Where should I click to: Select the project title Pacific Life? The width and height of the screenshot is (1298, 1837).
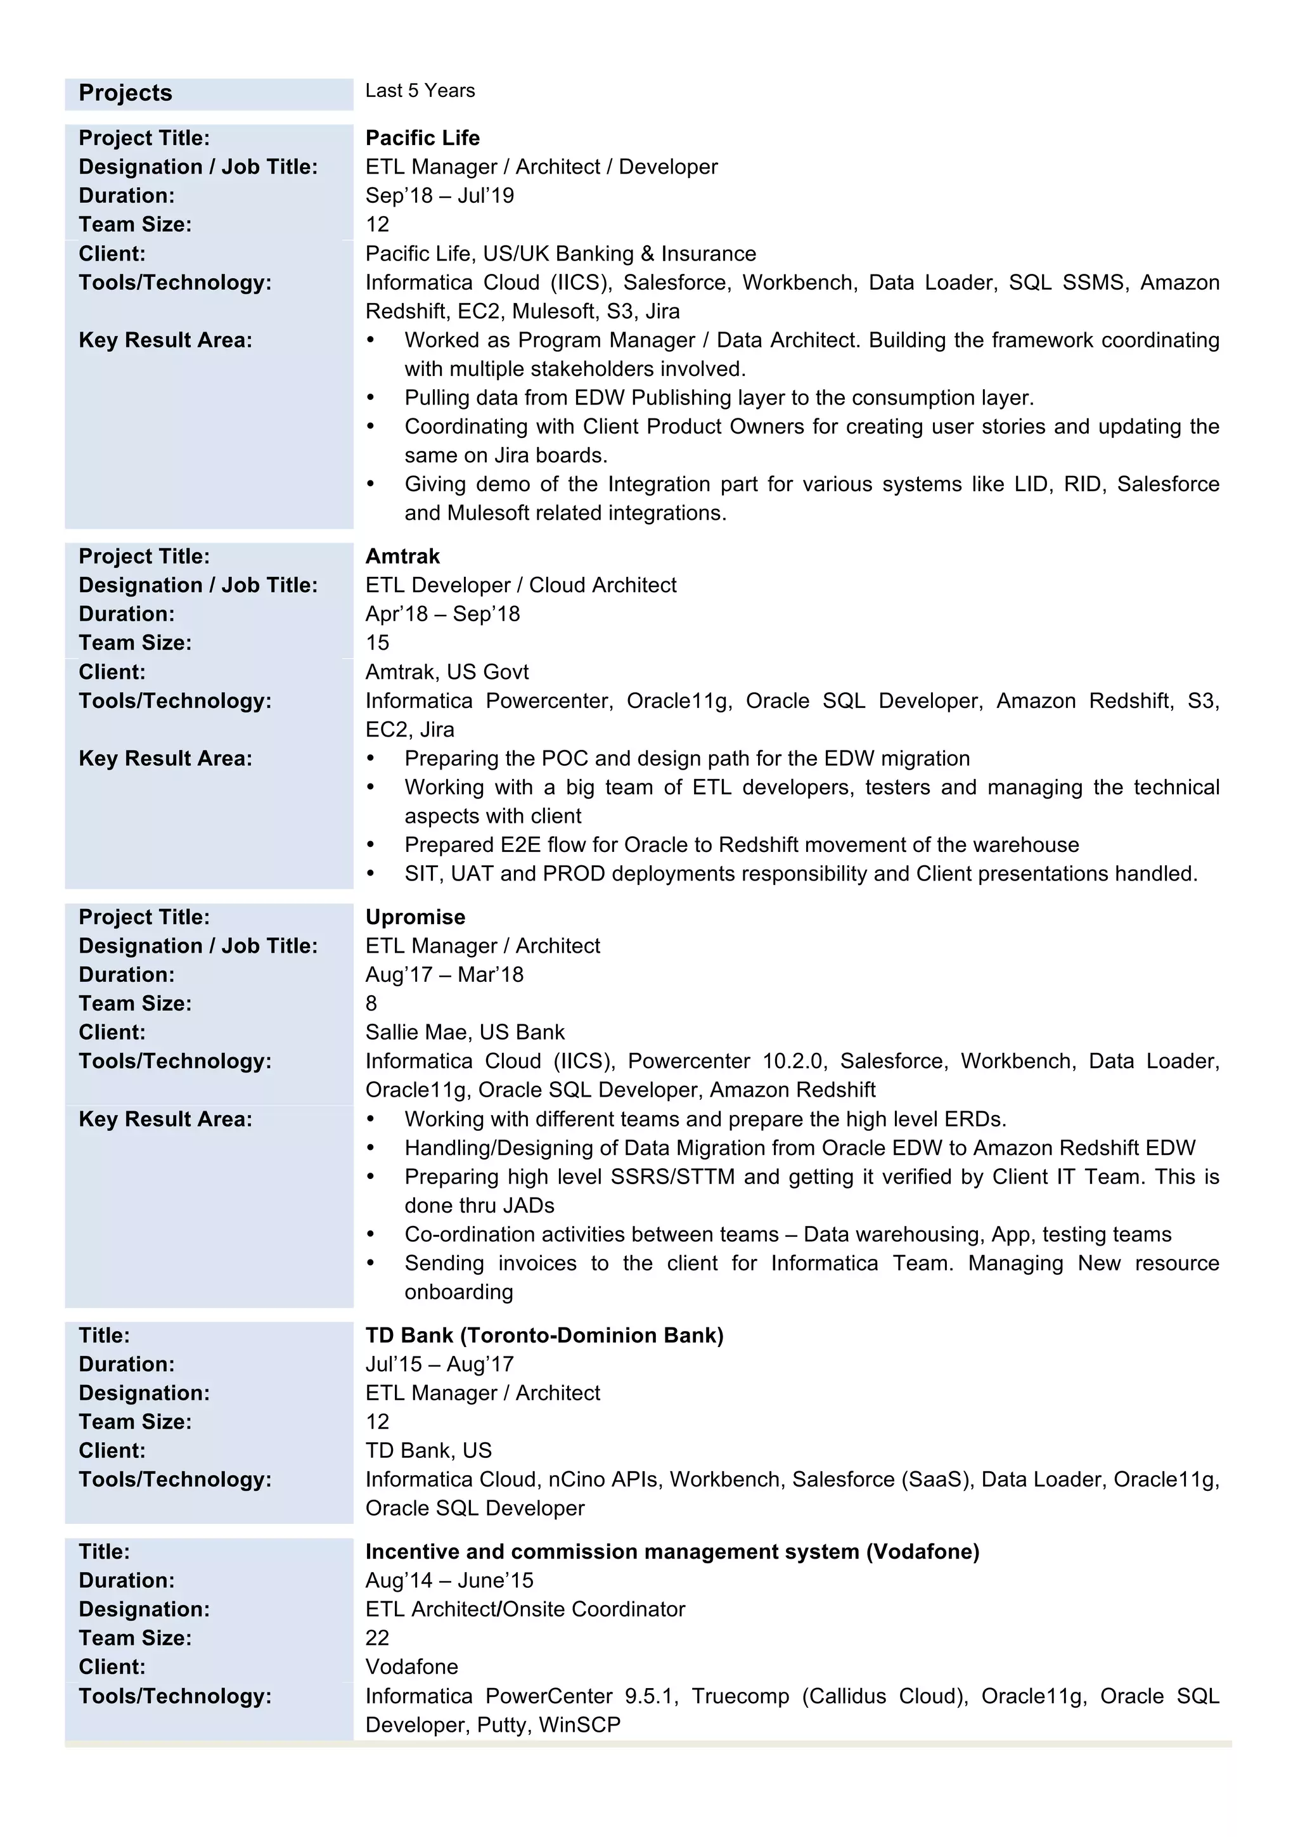422,138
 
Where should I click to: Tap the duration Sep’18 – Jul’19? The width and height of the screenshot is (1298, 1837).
439,195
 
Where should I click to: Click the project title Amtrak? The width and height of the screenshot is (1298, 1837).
402,556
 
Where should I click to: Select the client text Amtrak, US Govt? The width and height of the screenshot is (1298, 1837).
446,671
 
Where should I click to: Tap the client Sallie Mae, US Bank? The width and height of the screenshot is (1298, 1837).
465,1032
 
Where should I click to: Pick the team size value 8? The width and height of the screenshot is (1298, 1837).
371,1003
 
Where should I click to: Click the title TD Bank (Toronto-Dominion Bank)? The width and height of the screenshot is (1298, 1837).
544,1336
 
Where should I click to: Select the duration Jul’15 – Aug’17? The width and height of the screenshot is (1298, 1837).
439,1364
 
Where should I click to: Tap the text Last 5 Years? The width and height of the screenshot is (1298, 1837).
420,91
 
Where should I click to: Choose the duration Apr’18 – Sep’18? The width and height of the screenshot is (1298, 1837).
442,614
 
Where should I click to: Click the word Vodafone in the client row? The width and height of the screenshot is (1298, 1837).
412,1666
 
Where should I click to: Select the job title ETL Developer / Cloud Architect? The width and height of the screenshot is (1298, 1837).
520,585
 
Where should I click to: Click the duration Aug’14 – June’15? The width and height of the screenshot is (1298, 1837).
449,1580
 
